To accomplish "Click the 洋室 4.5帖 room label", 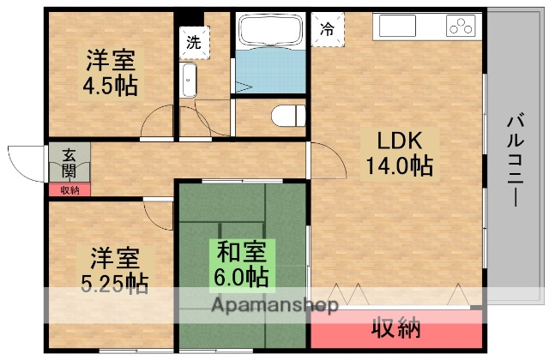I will (x=111, y=74).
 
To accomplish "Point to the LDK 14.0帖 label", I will (x=395, y=152).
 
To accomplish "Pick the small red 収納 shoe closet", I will (x=69, y=190).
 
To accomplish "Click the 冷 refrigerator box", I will (x=327, y=27).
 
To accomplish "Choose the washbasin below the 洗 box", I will (x=190, y=81).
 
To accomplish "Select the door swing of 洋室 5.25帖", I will (x=159, y=209).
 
